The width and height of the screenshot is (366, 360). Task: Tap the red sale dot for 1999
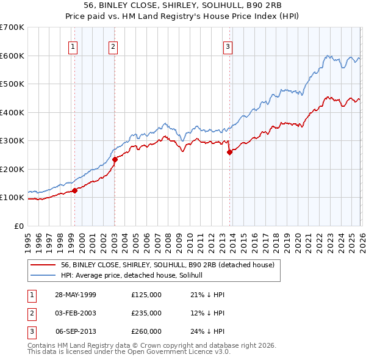click(75, 190)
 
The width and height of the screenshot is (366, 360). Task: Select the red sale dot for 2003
click(115, 159)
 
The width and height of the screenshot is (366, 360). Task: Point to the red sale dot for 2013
click(229, 153)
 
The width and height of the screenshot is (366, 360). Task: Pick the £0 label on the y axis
click(18, 226)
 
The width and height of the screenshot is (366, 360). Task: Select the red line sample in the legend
click(43, 265)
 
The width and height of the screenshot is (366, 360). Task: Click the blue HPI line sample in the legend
click(43, 275)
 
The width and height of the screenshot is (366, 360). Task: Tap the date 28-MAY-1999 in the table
click(75, 295)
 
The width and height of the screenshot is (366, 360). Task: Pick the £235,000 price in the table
click(146, 313)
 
